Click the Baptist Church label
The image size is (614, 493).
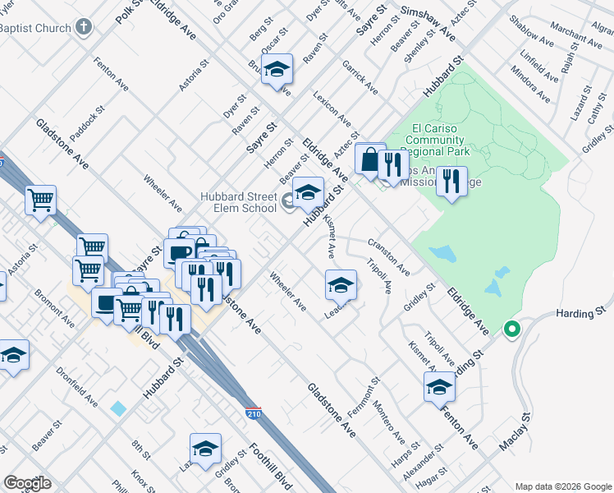[x=34, y=27]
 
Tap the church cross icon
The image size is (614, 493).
[x=83, y=27]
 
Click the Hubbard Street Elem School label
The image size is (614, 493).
[x=238, y=201]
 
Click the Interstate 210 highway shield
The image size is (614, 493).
[x=254, y=414]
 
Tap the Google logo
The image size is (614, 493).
[x=28, y=483]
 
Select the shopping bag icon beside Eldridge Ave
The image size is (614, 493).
[x=369, y=159]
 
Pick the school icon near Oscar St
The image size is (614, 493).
[x=278, y=70]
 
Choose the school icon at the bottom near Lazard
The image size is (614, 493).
[x=205, y=449]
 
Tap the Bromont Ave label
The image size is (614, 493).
[x=55, y=307]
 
